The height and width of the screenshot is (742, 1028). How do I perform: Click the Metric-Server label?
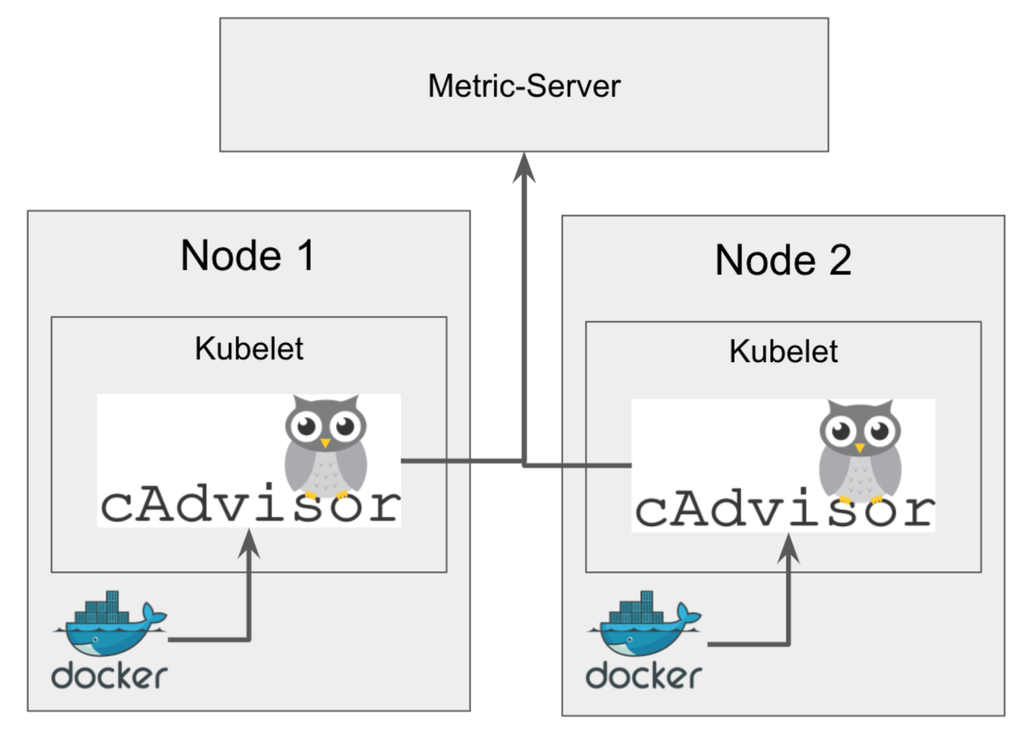coord(524,86)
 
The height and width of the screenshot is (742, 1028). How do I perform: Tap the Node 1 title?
coord(248,255)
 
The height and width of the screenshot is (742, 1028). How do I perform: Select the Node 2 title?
coord(783,260)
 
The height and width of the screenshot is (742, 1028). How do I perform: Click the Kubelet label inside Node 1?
coord(249,348)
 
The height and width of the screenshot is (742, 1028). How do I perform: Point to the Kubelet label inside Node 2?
coord(783,352)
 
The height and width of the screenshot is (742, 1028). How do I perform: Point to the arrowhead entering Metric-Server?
coord(524,168)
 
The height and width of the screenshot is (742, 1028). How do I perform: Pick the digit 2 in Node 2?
coord(840,260)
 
